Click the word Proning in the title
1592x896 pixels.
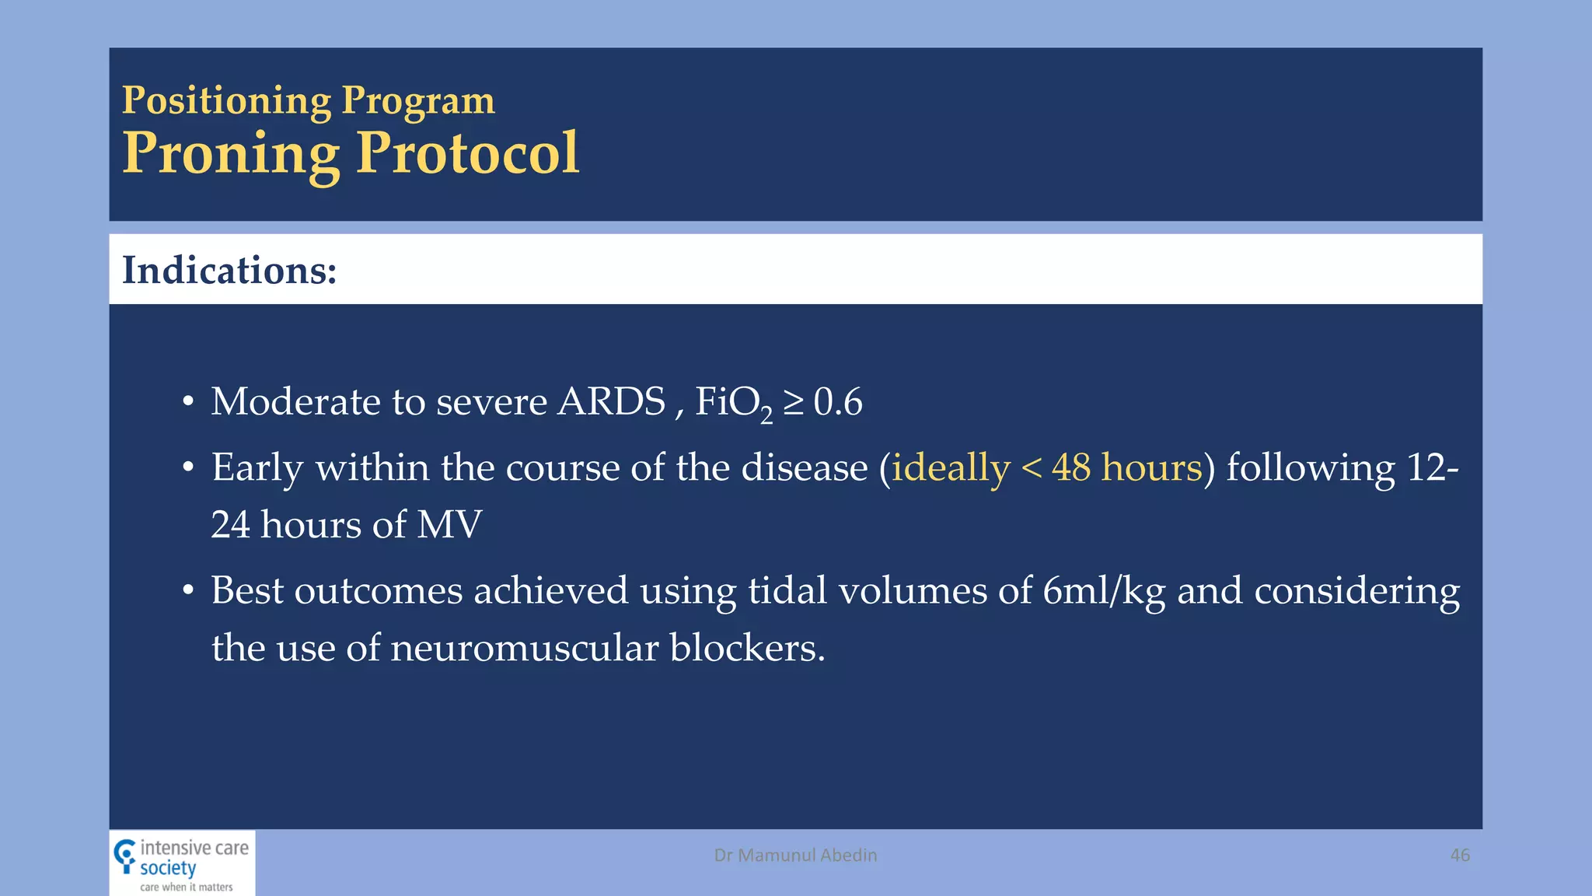(x=231, y=153)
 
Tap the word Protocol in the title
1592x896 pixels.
(x=467, y=153)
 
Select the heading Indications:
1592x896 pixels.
(x=229, y=271)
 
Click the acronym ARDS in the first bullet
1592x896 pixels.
(x=612, y=402)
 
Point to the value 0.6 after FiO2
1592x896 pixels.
(x=838, y=403)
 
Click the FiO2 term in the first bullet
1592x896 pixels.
(x=733, y=403)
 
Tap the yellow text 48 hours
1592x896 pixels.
(x=1126, y=468)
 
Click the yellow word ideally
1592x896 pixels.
(x=950, y=468)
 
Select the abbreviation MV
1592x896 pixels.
(x=449, y=525)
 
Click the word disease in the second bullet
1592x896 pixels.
(x=804, y=468)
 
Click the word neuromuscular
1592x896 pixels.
(x=525, y=648)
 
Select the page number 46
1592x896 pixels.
(x=1460, y=855)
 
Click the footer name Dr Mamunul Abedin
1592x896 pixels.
(x=795, y=855)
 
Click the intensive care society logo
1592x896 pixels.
(x=182, y=864)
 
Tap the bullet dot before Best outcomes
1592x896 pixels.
(x=188, y=592)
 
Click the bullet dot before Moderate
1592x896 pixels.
(x=188, y=403)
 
